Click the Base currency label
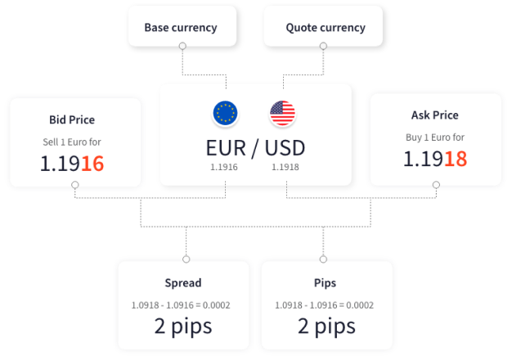(x=181, y=27)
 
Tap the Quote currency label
(x=325, y=27)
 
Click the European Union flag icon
(x=226, y=113)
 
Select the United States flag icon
(x=283, y=113)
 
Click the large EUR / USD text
(x=255, y=148)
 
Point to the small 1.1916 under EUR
(x=223, y=168)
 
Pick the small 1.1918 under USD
(x=285, y=168)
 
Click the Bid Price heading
(x=72, y=119)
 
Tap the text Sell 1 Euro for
(x=72, y=142)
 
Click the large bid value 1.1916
(x=72, y=163)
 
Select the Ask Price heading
(x=434, y=115)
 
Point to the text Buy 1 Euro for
(x=434, y=137)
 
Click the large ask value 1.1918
(x=434, y=158)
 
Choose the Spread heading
(x=182, y=283)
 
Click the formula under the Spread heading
(x=181, y=305)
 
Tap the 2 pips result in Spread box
(x=182, y=326)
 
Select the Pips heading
(x=325, y=283)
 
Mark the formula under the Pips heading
(x=325, y=305)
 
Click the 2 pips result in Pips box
(x=325, y=326)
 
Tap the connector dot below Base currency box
(x=182, y=47)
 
